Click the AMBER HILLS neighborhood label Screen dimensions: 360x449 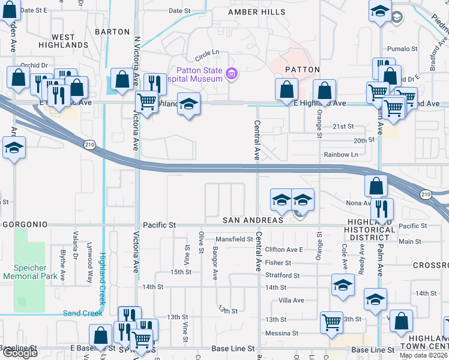click(252, 12)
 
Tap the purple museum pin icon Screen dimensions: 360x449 click(232, 75)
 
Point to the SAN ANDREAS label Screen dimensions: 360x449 click(253, 220)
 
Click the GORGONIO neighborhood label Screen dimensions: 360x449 click(25, 224)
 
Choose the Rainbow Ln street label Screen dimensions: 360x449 click(341, 155)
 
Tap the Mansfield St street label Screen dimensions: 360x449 click(234, 239)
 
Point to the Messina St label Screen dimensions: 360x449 click(282, 333)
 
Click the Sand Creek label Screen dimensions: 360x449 click(83, 313)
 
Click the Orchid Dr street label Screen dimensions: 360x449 click(34, 65)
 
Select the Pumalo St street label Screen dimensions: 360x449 click(402, 49)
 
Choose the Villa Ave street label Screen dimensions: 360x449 click(291, 300)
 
